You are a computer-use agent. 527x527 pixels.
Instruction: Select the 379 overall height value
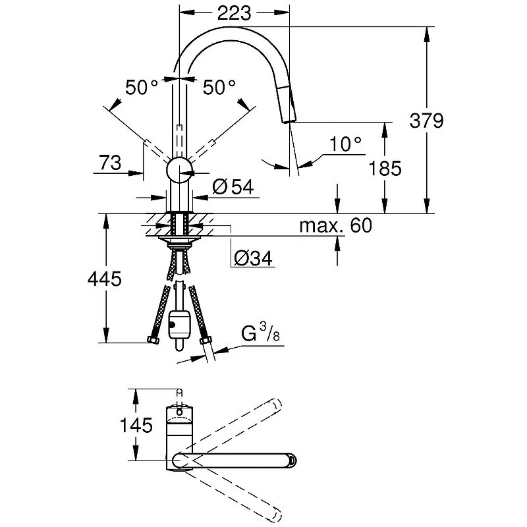[x=427, y=121]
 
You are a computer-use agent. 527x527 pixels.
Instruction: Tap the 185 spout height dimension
[x=386, y=169]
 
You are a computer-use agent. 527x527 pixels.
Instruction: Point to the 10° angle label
[x=346, y=143]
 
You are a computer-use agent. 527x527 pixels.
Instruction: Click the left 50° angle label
[x=142, y=88]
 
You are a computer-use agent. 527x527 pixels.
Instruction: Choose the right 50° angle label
[x=219, y=88]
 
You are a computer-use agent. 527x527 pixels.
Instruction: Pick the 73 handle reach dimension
[x=110, y=163]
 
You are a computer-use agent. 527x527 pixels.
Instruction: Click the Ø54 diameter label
[x=233, y=187]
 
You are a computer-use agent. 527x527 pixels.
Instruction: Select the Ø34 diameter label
[x=253, y=258]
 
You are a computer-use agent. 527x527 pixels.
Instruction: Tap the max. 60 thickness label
[x=335, y=226]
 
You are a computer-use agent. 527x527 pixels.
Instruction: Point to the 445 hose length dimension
[x=104, y=279]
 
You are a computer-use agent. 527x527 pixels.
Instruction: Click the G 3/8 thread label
[x=260, y=335]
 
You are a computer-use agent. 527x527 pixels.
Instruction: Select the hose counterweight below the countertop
[x=178, y=324]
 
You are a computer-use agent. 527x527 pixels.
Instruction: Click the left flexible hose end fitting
[x=152, y=340]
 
